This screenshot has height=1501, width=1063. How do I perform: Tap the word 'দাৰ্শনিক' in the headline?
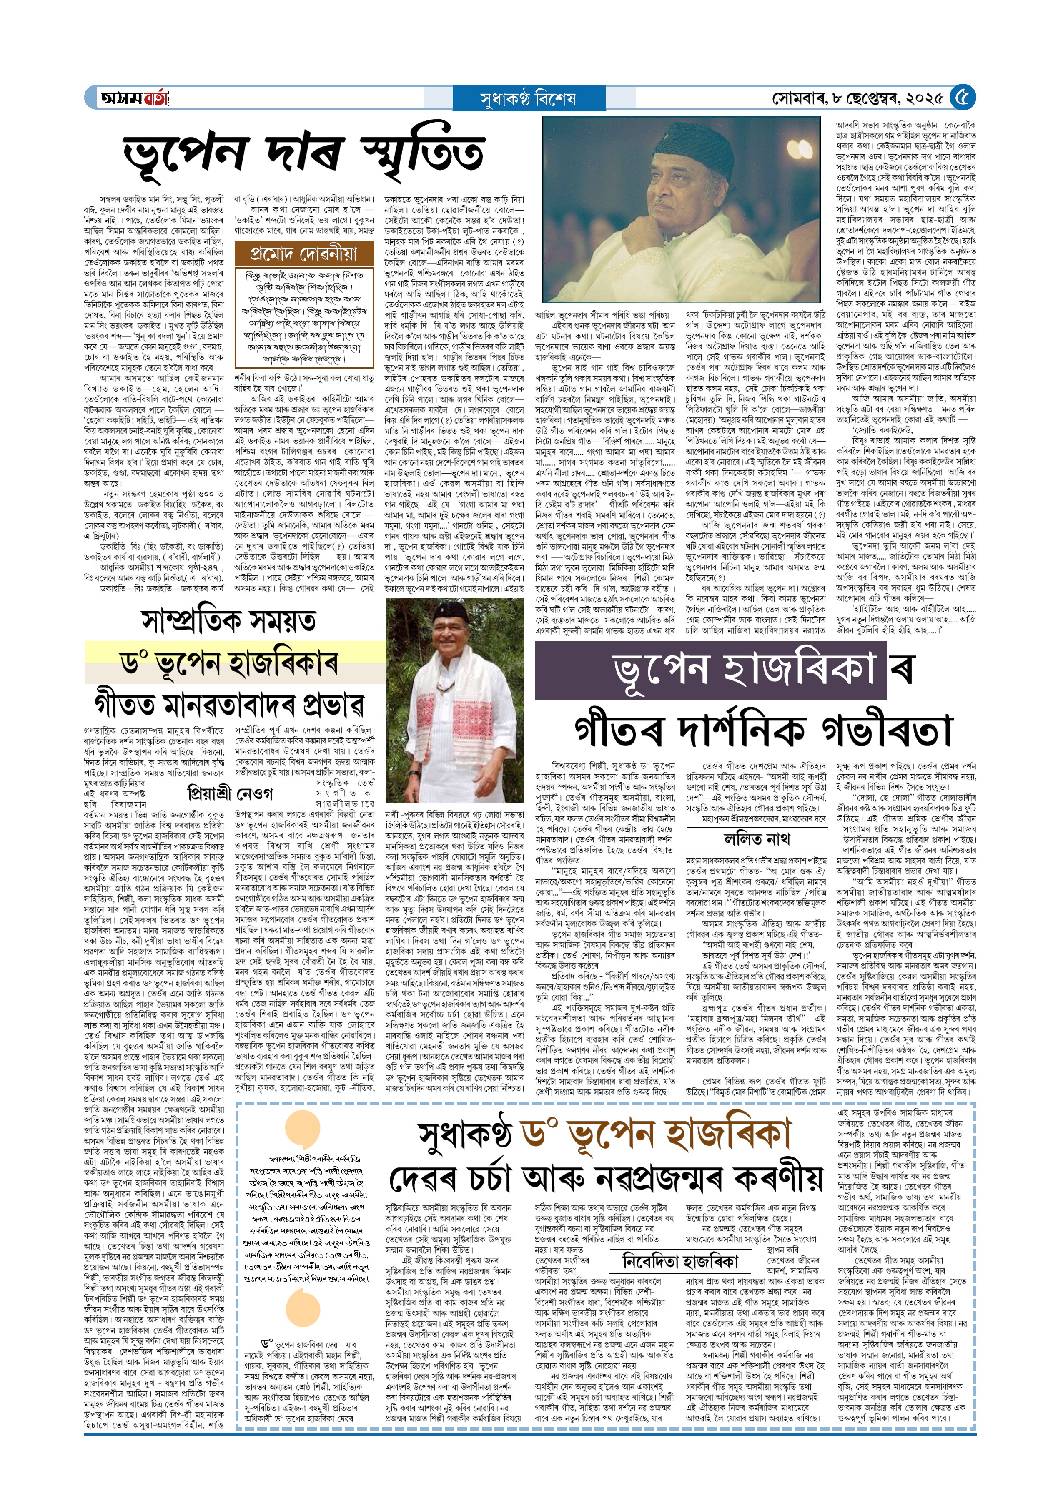(x=746, y=728)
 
